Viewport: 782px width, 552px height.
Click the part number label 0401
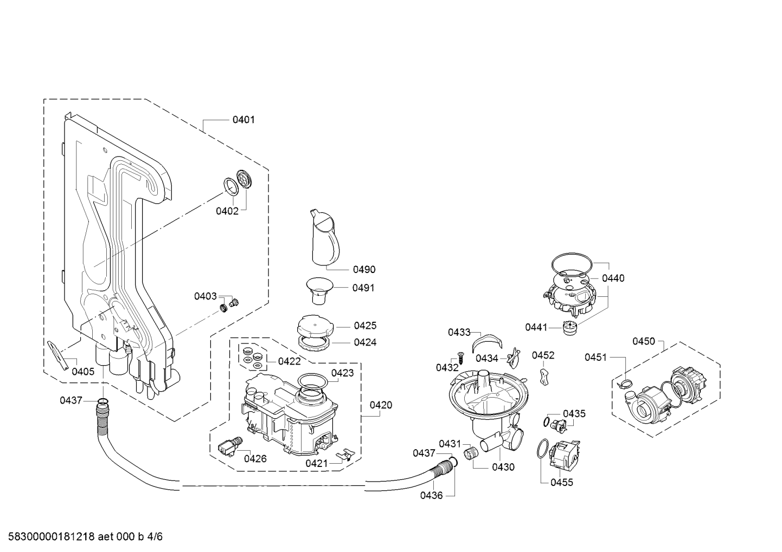point(243,120)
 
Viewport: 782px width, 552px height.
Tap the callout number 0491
point(363,288)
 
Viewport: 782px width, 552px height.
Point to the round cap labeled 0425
point(315,325)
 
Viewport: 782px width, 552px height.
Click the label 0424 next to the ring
point(365,342)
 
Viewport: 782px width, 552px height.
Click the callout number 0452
point(543,355)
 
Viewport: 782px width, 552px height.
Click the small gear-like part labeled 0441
point(570,328)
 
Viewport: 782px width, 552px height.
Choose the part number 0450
point(644,341)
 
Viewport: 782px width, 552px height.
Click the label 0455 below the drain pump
point(562,483)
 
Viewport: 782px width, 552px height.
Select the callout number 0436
point(431,495)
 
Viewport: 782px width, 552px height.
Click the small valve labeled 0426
point(227,447)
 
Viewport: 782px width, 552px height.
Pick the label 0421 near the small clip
point(316,463)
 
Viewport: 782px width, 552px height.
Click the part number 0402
point(227,211)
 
